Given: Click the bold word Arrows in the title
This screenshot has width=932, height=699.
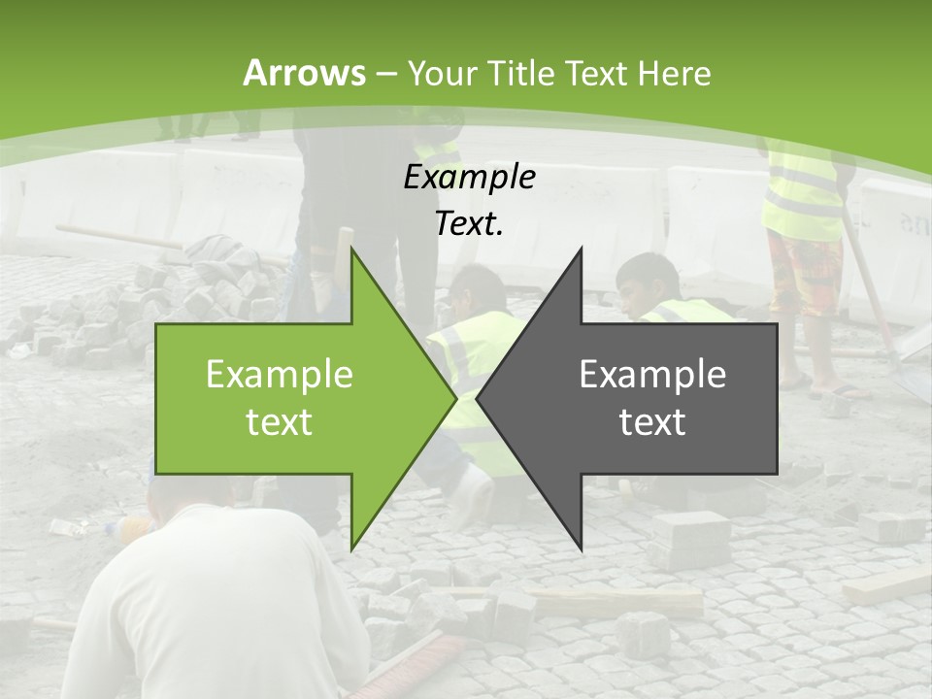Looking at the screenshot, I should pos(304,73).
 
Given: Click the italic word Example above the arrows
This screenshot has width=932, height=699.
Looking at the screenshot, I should pos(469,178).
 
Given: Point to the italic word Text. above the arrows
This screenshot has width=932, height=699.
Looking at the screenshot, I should pos(469,224).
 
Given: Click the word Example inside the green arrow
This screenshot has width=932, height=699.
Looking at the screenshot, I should pos(280,375).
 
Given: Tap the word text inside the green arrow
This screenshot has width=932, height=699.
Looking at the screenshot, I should pos(280,422).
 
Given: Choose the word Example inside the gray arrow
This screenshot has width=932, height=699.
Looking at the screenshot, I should pos(652,375).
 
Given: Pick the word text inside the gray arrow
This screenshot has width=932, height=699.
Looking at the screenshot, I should pos(652,422).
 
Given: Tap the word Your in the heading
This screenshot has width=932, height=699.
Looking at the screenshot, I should pos(440,73).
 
